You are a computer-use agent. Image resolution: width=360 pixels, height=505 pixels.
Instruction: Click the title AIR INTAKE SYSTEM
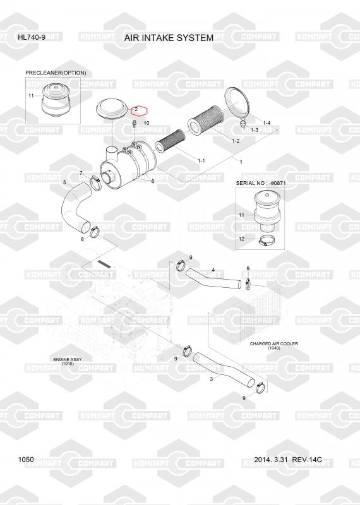pos(169,38)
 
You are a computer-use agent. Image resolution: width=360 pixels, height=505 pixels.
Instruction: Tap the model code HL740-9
pos(32,37)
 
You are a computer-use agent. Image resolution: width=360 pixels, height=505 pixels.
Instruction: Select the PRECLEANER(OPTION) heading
pos(56,73)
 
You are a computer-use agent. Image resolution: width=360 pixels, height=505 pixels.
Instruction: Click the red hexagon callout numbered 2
pos(139,110)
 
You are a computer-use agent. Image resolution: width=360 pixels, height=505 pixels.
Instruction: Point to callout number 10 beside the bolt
pos(147,123)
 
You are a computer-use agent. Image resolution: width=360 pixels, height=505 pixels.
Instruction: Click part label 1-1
pos(201,160)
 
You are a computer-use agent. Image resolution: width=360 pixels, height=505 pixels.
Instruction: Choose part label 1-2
pos(236,141)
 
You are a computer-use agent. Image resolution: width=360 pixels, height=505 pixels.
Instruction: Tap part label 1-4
pos(267,122)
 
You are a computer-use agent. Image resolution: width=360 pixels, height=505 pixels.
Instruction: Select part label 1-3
pos(255,130)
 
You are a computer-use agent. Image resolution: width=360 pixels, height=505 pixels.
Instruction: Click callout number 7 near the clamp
pos(81,173)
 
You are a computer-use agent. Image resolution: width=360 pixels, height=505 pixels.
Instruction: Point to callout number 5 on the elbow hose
pos(64,182)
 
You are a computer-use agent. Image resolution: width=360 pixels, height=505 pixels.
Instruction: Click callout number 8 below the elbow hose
pos(82,239)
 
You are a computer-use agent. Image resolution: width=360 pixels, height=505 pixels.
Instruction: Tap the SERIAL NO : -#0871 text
pos(260,183)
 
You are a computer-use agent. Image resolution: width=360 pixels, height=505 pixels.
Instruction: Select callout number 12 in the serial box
pos(242,239)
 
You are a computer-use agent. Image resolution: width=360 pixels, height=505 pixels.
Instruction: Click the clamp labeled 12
pos(267,241)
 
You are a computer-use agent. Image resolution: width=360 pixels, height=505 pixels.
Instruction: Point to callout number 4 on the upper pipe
pos(213,270)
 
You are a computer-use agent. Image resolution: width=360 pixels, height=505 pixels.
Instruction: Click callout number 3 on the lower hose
pos(212,379)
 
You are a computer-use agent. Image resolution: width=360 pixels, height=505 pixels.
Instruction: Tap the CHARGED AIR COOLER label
pos(274,343)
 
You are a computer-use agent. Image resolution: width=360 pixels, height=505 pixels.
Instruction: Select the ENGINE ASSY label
pos(68,359)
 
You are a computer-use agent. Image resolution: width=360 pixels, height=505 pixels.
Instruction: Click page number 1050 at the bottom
pos(26,460)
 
